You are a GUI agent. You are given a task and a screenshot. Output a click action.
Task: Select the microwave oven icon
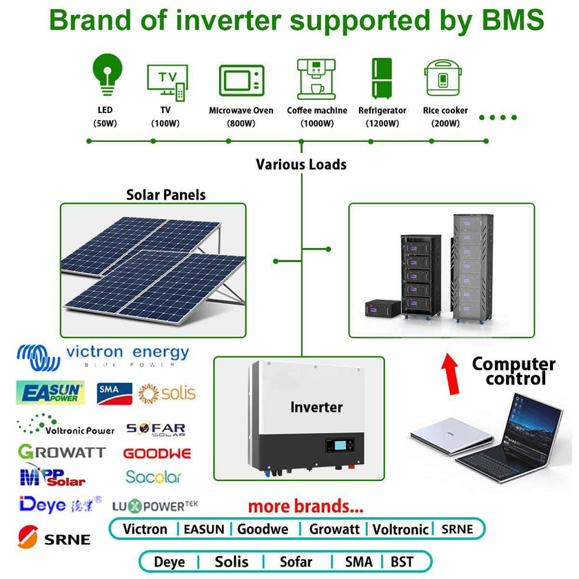click(x=241, y=81)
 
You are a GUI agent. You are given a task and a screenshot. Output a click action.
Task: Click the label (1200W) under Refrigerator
click(x=383, y=124)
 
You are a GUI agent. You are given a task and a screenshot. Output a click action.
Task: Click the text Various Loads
click(x=301, y=165)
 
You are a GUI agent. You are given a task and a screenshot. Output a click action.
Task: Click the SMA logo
click(x=114, y=394)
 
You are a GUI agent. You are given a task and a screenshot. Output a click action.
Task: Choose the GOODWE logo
click(x=157, y=454)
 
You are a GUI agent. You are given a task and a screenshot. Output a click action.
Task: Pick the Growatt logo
click(x=62, y=452)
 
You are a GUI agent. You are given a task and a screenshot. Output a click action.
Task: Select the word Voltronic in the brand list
click(x=400, y=529)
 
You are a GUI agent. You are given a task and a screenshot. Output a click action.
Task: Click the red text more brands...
click(x=305, y=507)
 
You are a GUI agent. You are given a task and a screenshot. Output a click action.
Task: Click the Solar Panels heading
click(x=165, y=195)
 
